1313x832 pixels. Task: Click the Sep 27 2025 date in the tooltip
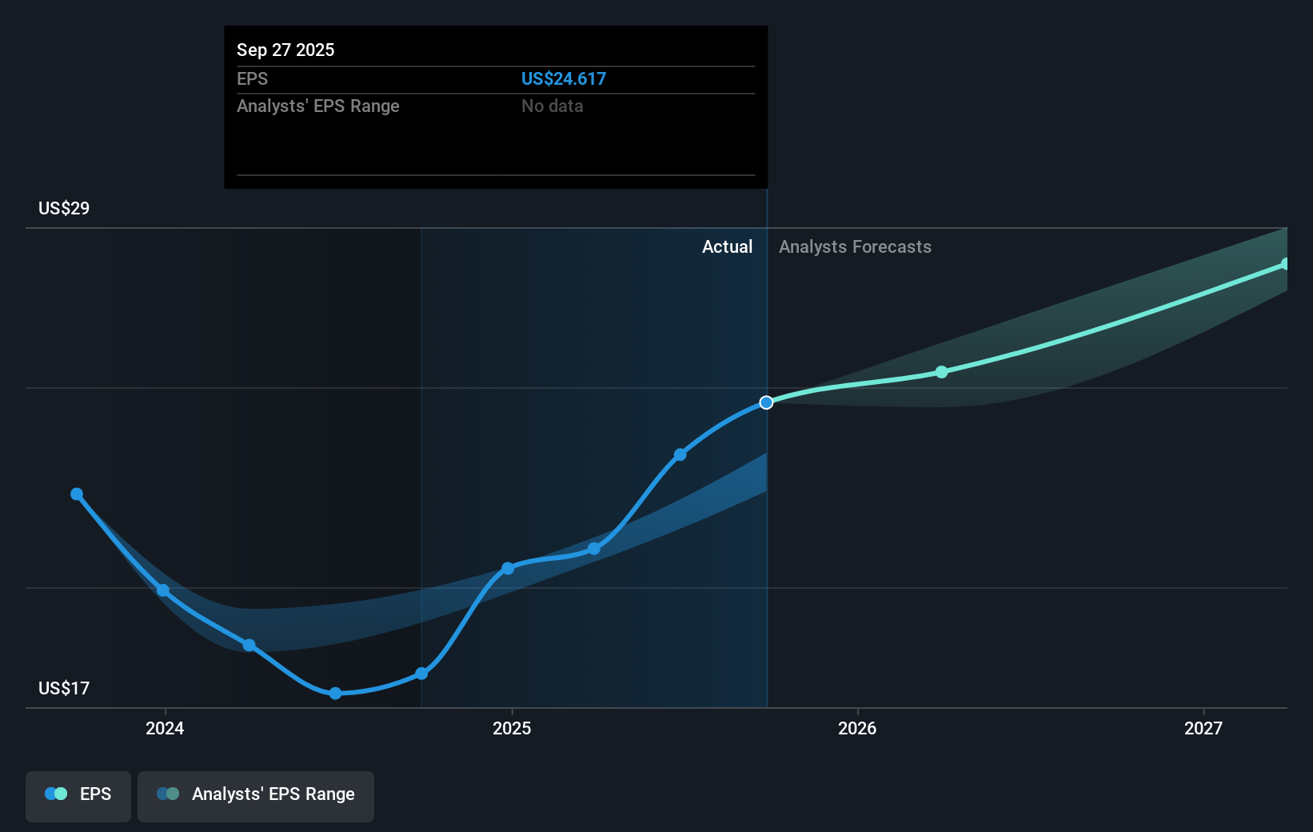285,50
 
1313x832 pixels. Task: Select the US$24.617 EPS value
563,78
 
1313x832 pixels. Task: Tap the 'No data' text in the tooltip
552,106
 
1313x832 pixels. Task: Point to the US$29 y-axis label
64,208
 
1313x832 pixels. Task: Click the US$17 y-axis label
64,688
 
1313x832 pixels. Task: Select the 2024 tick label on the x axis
165,728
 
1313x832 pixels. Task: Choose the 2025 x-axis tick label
512,728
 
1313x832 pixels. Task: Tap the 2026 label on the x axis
857,728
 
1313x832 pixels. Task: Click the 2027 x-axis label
1203,728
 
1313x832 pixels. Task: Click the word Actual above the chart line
727,246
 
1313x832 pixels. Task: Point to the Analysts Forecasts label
855,246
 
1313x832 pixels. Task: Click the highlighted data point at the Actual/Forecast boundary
766,402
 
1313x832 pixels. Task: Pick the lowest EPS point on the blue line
336,693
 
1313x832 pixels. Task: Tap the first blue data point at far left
77,494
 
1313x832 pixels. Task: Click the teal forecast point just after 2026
941,372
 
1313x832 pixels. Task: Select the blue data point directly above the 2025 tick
508,569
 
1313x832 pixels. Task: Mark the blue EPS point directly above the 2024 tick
163,590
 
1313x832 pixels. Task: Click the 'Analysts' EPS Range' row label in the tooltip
318,106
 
